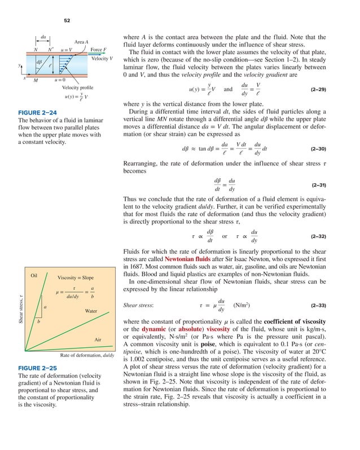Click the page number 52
click(66, 20)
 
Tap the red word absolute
click(194, 329)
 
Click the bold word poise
click(208, 345)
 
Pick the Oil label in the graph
click(34, 275)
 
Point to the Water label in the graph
click(91, 311)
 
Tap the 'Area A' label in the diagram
click(82, 42)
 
